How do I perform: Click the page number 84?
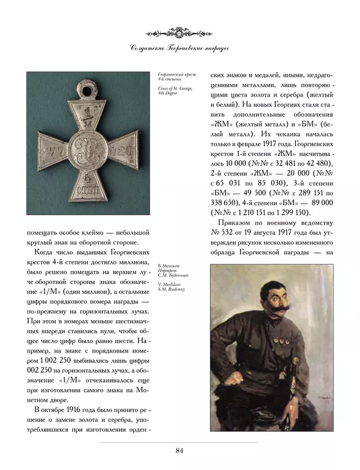click(x=179, y=450)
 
